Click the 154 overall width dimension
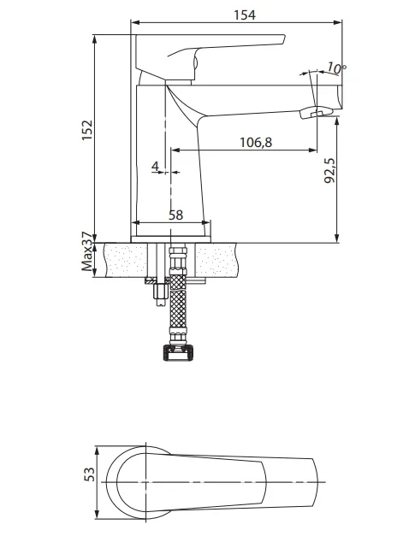coord(244,15)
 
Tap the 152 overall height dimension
coord(87,130)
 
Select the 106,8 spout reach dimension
coord(256,142)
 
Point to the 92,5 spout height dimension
coord(329,171)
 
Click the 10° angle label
coord(336,68)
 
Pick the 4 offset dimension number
coord(156,167)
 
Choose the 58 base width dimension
coord(176,215)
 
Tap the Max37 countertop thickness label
coord(87,251)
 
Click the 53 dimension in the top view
coord(89,474)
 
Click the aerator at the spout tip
coord(316,113)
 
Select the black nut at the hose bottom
coord(178,353)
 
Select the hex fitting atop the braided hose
coord(178,261)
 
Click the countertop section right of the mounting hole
coord(216,260)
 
